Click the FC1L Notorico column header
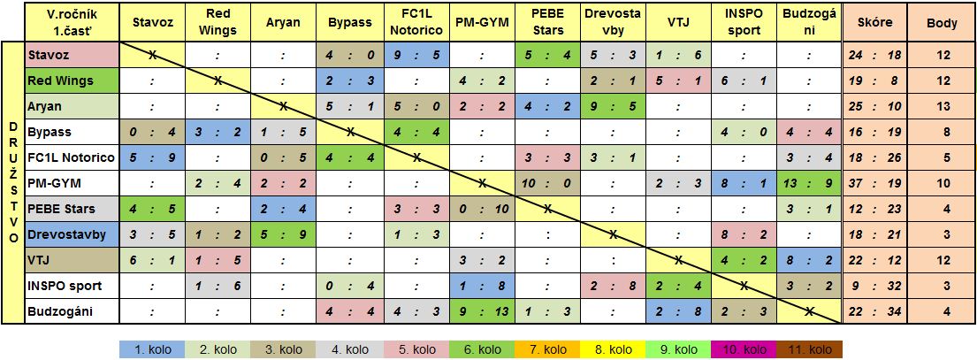pos(416,21)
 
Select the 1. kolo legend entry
pos(152,349)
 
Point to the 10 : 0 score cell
pos(547,183)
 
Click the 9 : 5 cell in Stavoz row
pos(416,55)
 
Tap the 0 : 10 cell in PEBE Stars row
pos(482,209)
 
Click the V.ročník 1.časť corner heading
pos(71,21)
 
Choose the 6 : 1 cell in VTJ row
pos(152,260)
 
